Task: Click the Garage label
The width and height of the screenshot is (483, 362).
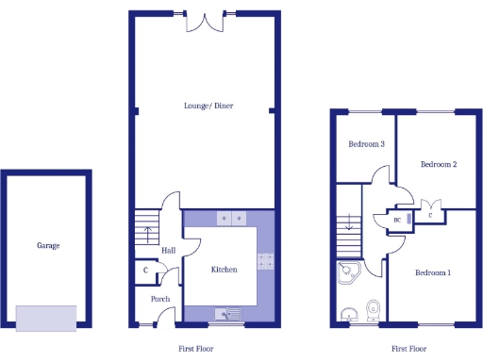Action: (48, 246)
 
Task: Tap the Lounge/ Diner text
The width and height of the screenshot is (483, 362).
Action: (208, 106)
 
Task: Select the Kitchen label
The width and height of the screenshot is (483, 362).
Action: (224, 270)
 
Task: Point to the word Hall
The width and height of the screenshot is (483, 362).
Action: (168, 251)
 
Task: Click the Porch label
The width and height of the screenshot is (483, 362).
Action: (160, 300)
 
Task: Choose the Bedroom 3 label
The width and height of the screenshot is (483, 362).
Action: (367, 144)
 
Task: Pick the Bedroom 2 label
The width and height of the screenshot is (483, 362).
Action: (439, 164)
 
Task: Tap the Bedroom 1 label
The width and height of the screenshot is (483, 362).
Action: (432, 273)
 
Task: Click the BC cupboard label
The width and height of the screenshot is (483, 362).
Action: (397, 221)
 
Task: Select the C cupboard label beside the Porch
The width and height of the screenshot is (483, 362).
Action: (145, 271)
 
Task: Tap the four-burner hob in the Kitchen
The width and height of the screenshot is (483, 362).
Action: (265, 261)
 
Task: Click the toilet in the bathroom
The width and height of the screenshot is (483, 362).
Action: (373, 309)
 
